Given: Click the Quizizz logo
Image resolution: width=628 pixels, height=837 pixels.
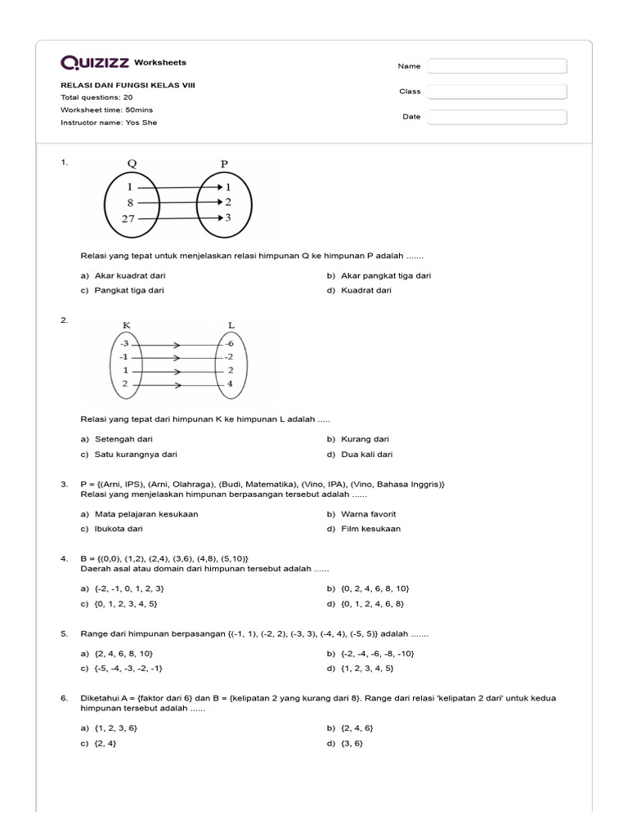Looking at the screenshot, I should point(95,63).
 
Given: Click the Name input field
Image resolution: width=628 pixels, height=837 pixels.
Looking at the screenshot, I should point(497,66).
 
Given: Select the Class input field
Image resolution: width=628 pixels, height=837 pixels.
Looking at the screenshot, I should point(497,92).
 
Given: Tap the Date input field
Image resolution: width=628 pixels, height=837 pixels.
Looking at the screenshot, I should point(497,117).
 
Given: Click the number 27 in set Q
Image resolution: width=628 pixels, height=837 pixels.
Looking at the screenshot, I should point(129,218).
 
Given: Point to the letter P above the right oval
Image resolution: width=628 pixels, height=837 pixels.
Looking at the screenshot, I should point(225,163).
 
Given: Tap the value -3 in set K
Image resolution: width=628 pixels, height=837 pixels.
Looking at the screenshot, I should point(123,343).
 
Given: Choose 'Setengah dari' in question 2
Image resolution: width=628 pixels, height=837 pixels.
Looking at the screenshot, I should point(123,439).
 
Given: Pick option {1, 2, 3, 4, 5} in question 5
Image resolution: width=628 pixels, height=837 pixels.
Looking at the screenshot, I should point(367,668).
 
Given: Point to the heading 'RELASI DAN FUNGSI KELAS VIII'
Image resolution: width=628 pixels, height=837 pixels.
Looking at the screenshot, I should point(128,86).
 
